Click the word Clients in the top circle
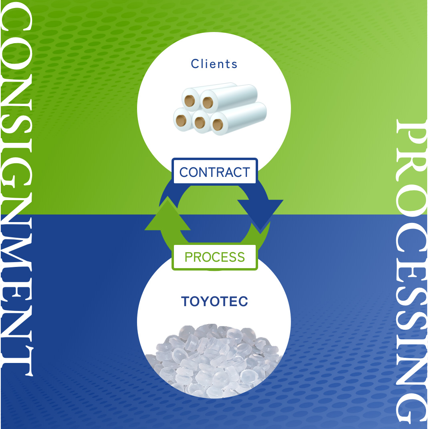coord(214,64)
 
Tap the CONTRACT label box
coord(214,172)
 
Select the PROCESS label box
coord(214,257)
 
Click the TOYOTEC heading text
coord(214,302)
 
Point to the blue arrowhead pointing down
coord(260,212)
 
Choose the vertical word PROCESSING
coord(410,272)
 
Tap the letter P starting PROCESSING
coord(410,134)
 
